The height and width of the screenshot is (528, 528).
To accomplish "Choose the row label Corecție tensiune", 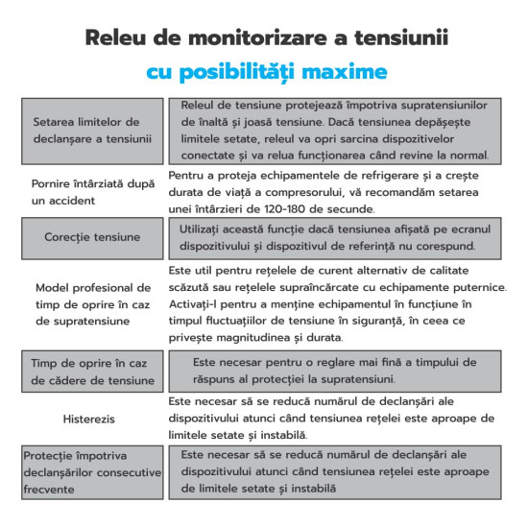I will (x=92, y=236).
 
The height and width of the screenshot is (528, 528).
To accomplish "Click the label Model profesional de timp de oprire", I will (x=92, y=303).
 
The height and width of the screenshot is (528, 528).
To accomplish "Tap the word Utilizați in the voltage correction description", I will (x=206, y=229).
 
